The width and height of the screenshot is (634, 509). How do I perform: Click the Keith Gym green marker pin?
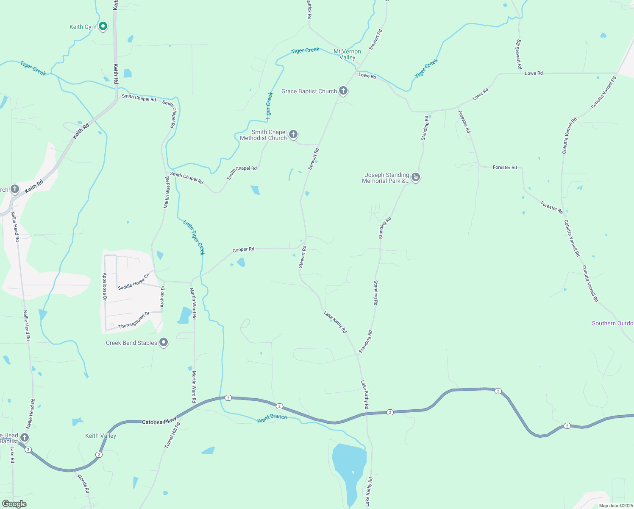pos(103,26)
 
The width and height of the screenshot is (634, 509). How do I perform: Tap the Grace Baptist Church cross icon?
pos(343,90)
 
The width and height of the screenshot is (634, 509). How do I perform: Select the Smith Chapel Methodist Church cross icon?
pos(293,134)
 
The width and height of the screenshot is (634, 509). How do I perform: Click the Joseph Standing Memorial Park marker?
pos(416,177)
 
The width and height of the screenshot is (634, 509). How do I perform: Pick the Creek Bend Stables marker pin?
pos(164,342)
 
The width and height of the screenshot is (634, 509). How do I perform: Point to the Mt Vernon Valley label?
pos(347,54)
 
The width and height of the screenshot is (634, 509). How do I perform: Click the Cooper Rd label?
pos(243,249)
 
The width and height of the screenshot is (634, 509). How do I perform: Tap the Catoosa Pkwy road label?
pos(159,422)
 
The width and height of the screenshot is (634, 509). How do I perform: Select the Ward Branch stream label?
pos(272,418)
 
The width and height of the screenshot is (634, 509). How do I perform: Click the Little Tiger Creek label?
pos(194,237)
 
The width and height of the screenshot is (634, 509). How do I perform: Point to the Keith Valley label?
pos(100,436)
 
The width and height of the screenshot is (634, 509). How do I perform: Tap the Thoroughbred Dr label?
pos(134,320)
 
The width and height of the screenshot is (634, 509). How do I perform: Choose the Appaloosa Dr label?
pos(105,287)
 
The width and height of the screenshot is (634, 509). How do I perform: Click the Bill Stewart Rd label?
pos(518,54)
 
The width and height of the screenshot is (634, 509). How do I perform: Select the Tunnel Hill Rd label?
pos(172,435)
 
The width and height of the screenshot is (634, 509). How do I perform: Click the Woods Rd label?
pos(83,484)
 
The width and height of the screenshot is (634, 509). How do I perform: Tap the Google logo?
pos(14,503)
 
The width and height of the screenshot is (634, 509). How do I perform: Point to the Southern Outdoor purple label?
pos(612,323)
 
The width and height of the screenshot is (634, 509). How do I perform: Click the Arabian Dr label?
pos(162,296)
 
